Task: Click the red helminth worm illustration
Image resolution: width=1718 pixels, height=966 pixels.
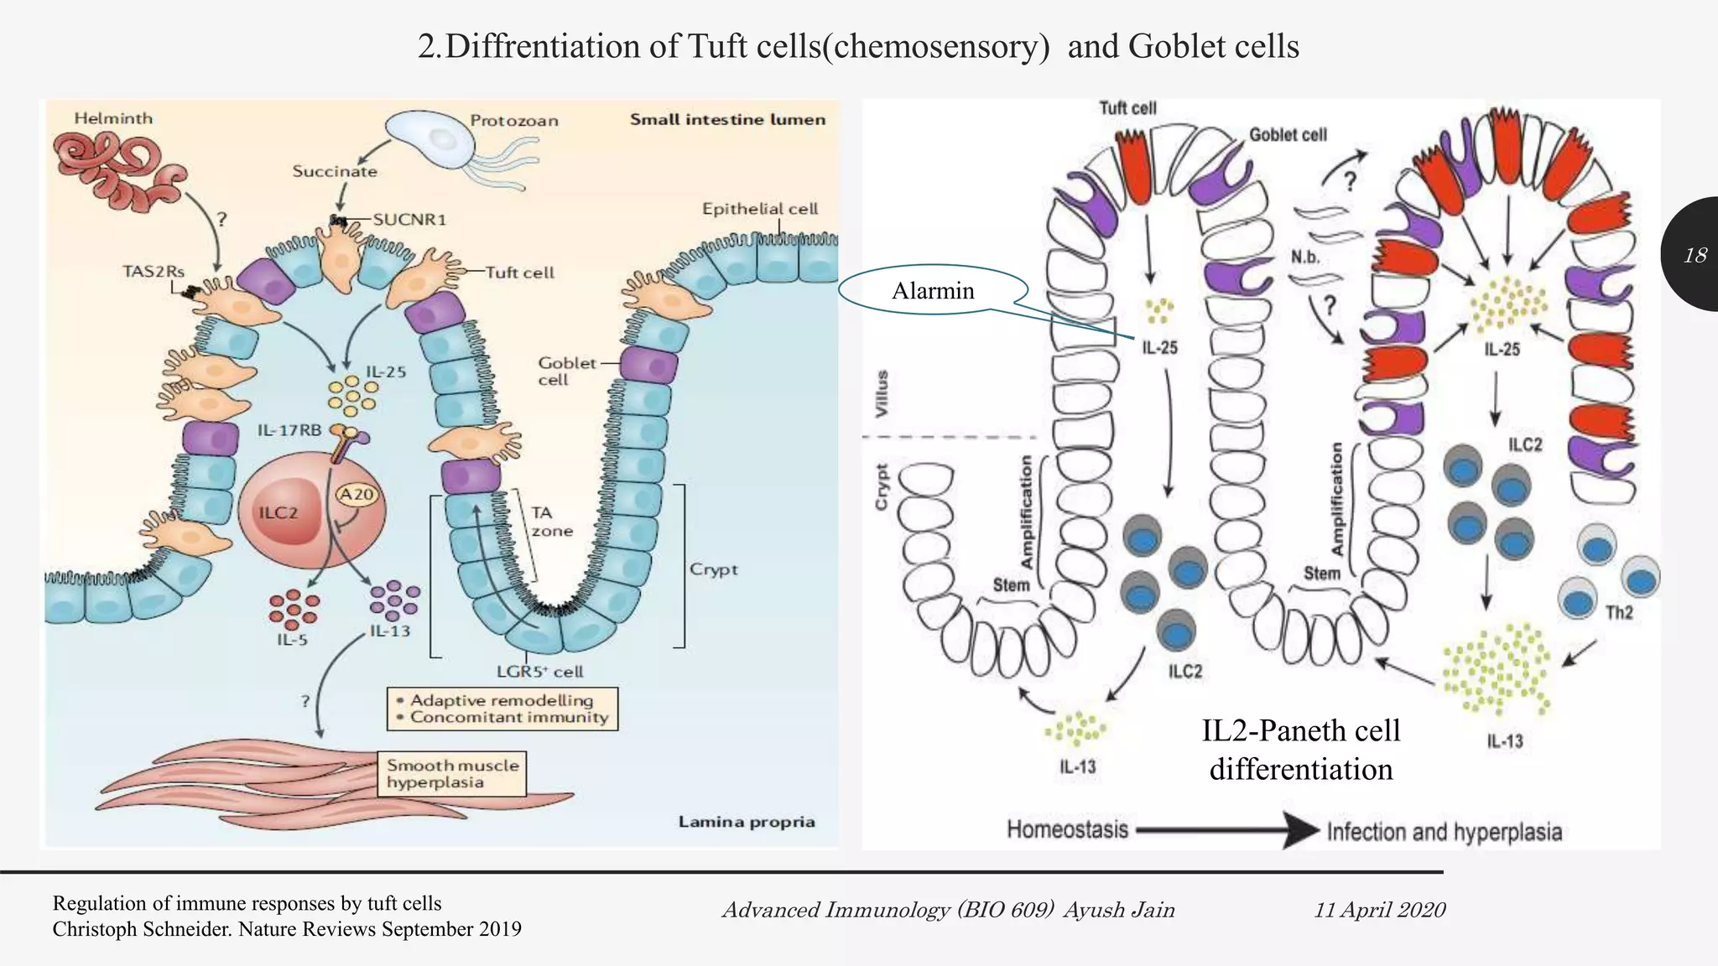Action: click(x=117, y=172)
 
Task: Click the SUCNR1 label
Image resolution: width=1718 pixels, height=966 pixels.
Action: click(x=409, y=220)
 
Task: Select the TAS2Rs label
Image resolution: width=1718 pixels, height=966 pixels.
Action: click(x=153, y=272)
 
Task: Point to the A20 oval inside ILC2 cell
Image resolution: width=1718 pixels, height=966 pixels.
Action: click(x=357, y=495)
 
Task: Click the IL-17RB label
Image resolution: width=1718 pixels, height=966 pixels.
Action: click(x=289, y=430)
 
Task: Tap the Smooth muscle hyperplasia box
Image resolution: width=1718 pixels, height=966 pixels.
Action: click(x=453, y=773)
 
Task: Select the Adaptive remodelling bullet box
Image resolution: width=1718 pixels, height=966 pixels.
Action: click(x=502, y=709)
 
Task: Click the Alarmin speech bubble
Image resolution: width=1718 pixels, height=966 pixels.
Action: click(x=933, y=291)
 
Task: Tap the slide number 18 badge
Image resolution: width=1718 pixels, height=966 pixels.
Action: click(x=1695, y=255)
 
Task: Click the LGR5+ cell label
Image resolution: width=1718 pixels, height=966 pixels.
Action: click(x=539, y=671)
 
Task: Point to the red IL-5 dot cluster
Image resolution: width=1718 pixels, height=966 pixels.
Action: click(x=294, y=608)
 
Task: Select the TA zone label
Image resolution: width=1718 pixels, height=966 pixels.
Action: click(x=551, y=522)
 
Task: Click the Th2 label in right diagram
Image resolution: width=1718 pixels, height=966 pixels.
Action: click(x=1618, y=612)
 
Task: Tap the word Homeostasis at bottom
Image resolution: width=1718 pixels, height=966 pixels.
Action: click(x=1067, y=829)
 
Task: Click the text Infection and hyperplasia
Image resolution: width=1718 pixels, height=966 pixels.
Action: click(x=1444, y=832)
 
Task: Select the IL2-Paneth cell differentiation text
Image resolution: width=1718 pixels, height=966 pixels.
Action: click(x=1301, y=750)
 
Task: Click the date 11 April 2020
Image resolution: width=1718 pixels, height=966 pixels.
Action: click(x=1379, y=910)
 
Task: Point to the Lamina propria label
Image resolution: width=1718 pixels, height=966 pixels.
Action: click(x=747, y=822)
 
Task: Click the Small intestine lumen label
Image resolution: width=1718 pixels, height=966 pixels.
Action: click(x=727, y=119)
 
